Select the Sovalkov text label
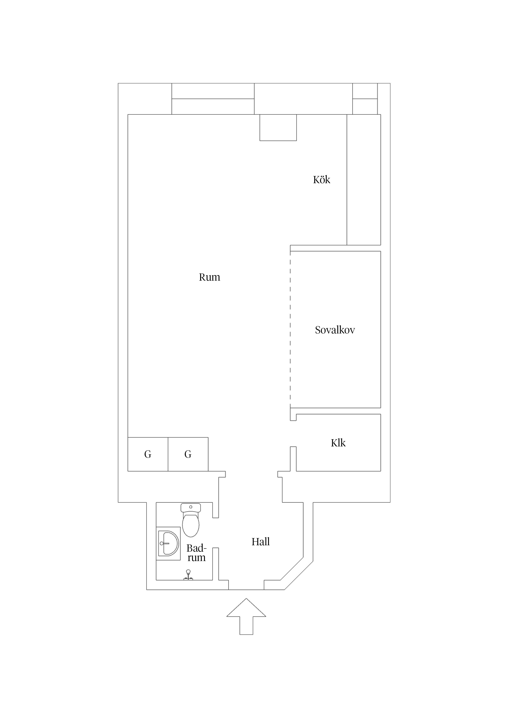point(335,330)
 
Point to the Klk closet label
point(338,443)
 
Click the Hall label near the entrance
point(260,542)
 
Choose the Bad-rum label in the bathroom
point(197,553)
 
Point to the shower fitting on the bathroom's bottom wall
point(188,575)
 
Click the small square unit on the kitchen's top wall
point(278,128)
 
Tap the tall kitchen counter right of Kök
point(364,180)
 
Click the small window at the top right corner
point(365,99)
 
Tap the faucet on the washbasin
point(164,543)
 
